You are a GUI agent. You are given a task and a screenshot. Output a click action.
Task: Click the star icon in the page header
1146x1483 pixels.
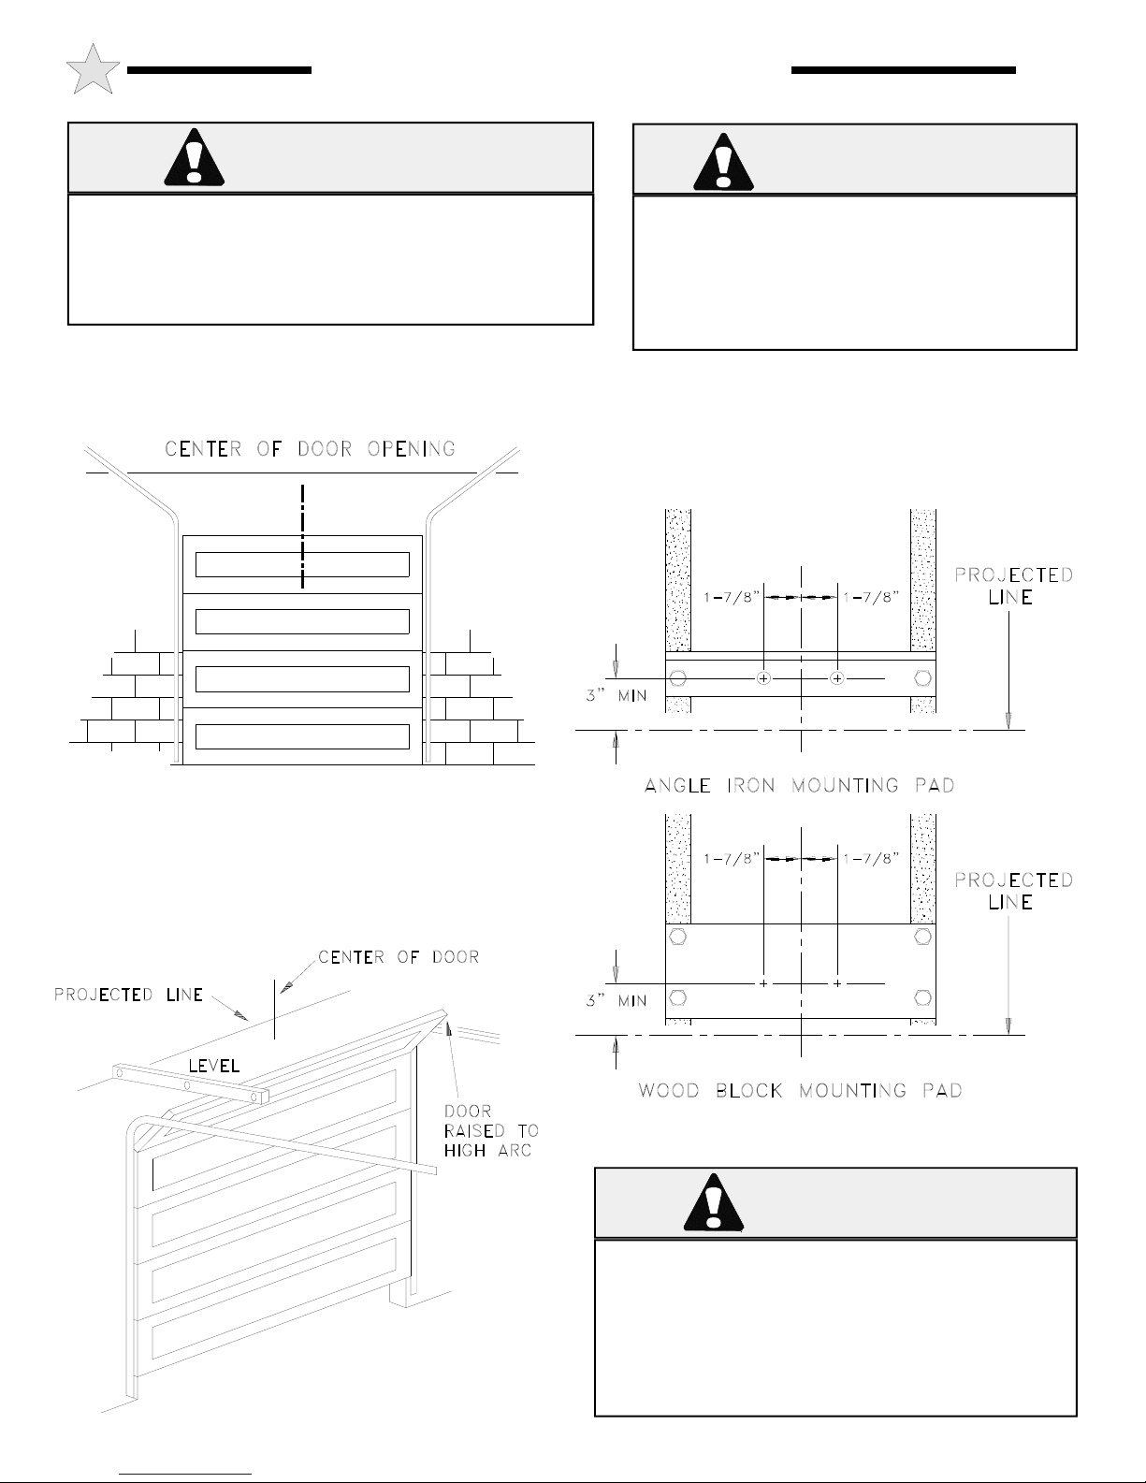93,69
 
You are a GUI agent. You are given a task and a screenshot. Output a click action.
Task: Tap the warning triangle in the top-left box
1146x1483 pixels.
195,157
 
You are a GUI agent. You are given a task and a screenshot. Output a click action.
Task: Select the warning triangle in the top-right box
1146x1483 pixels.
724,162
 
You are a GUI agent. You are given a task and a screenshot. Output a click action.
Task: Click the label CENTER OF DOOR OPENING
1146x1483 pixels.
311,449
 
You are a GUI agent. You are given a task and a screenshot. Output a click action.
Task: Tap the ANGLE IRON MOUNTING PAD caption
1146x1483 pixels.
800,786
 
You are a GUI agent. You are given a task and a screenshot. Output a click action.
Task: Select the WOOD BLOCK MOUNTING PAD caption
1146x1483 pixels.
800,1091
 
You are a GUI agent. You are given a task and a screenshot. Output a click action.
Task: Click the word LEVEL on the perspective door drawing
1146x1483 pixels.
214,1066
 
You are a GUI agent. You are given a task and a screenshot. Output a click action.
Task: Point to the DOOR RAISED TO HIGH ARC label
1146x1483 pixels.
491,1131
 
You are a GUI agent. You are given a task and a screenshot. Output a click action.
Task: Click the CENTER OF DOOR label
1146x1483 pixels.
399,957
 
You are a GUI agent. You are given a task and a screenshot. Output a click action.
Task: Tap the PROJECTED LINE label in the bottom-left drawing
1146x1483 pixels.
128,995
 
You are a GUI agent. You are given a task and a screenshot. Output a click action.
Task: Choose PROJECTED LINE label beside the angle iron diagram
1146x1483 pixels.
1014,587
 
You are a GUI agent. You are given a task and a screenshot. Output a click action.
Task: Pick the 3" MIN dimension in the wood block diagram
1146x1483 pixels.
617,1001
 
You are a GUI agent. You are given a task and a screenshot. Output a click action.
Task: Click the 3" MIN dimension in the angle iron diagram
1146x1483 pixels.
617,696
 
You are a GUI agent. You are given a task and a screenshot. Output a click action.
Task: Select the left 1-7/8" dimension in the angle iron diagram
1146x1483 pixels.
732,598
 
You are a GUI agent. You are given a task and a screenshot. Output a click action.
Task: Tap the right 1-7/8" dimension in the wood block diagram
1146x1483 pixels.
871,859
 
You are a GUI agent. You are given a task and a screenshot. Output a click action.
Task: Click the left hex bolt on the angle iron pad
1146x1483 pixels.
678,678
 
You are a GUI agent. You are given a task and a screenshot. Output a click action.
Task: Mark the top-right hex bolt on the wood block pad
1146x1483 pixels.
923,937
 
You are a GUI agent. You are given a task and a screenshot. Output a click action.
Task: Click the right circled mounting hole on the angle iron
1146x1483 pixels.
837,678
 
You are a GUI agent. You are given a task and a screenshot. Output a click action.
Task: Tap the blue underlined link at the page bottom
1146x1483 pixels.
185,1475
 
